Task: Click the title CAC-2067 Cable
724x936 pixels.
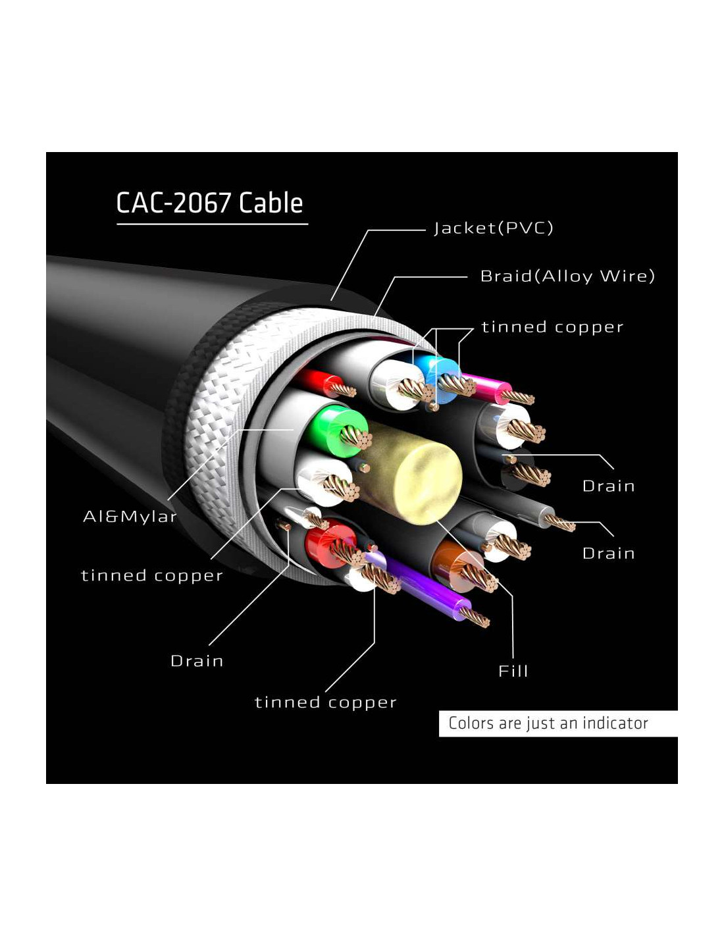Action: click(209, 203)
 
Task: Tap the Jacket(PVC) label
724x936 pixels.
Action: click(493, 228)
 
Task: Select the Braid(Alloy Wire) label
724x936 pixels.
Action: click(567, 276)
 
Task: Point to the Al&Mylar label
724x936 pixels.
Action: click(130, 516)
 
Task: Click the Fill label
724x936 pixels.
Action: click(513, 671)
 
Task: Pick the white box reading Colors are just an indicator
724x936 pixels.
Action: click(557, 723)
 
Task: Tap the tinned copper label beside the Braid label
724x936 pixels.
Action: click(552, 327)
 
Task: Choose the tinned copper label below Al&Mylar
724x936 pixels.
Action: click(152, 575)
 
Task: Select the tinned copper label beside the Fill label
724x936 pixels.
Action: click(325, 702)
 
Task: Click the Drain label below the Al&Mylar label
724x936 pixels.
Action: click(197, 661)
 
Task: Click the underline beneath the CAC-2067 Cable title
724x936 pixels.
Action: click(213, 224)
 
